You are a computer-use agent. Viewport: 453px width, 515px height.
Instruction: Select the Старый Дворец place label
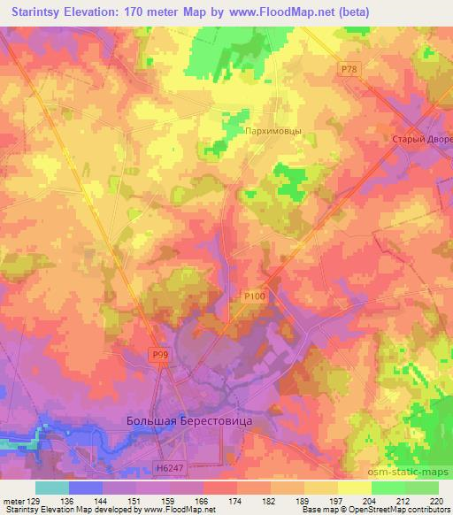click(x=422, y=141)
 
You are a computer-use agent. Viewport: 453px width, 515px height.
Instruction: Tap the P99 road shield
click(x=159, y=354)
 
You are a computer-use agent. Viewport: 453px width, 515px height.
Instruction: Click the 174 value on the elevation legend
click(x=207, y=500)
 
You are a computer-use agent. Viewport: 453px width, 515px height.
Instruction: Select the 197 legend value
click(x=307, y=500)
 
